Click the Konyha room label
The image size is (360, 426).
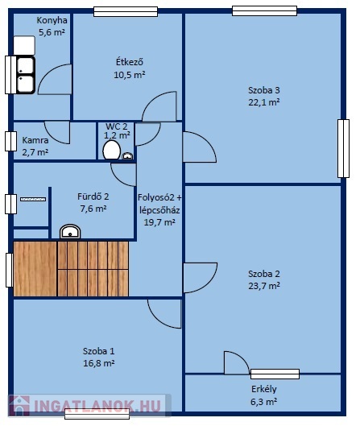click(x=52, y=20)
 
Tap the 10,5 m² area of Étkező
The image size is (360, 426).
click(x=130, y=75)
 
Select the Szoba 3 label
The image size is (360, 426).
click(x=264, y=90)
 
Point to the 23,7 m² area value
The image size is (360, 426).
click(x=264, y=286)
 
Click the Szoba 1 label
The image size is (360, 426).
click(x=98, y=351)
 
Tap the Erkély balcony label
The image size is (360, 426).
click(x=264, y=389)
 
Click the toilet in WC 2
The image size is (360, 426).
click(x=112, y=150)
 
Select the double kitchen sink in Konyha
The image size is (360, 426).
click(x=26, y=75)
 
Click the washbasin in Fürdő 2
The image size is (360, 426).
click(x=70, y=232)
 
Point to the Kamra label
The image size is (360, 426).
click(x=35, y=140)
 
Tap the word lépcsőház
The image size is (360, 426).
click(x=159, y=210)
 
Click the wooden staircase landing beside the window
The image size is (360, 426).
click(x=35, y=269)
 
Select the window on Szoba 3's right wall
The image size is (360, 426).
click(x=343, y=148)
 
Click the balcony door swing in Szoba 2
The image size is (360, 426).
click(x=237, y=362)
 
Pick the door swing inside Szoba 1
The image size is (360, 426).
click(x=164, y=314)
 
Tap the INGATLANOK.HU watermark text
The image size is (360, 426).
click(x=97, y=406)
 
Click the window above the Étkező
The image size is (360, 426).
click(x=126, y=12)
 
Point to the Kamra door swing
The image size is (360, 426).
click(x=57, y=133)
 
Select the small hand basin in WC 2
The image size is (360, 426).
click(x=127, y=156)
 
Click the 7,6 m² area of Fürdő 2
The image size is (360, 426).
click(x=93, y=209)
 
